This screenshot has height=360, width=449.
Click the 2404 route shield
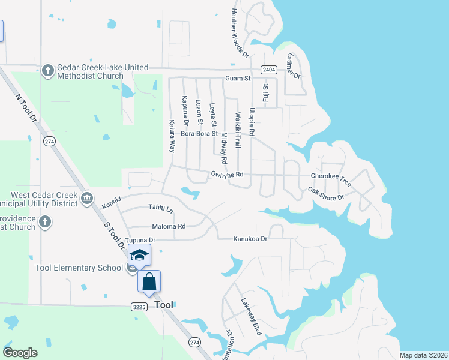tap(268, 70)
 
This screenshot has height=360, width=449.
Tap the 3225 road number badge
tap(139, 307)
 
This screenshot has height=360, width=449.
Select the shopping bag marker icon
tap(149, 281)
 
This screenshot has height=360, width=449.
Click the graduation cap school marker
tap(139, 256)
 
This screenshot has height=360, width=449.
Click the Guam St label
tap(237, 79)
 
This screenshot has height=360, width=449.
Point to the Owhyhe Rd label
tap(227, 175)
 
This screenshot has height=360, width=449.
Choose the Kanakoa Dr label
tap(250, 238)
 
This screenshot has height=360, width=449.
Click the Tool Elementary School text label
tap(79, 268)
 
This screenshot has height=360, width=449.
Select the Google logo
tap(20, 353)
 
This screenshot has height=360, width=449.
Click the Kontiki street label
tap(112, 199)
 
